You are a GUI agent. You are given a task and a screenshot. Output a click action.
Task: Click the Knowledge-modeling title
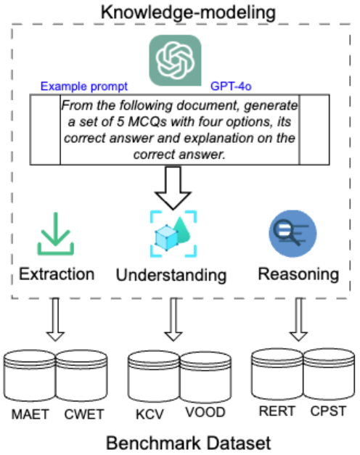pos(188,13)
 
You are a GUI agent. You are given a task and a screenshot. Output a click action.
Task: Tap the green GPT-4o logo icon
pos(175,60)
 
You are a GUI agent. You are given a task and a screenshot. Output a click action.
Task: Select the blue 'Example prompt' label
pos(84,86)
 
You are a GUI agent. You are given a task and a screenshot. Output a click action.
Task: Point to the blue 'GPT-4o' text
pos(231,86)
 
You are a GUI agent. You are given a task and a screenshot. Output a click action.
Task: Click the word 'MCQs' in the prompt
pos(147,122)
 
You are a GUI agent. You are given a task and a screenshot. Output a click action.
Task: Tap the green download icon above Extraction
pos(55,234)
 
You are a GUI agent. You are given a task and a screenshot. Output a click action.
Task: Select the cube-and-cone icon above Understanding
pos(173,234)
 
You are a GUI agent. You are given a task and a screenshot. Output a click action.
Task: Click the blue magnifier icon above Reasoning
pos(292,234)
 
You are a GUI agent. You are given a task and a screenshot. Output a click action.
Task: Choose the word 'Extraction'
pos(57,274)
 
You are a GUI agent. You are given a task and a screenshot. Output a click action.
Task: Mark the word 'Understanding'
pos(171,275)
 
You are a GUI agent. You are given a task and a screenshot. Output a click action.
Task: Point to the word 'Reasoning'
pos(299,274)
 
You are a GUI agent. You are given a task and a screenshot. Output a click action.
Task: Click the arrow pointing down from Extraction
pos(55,319)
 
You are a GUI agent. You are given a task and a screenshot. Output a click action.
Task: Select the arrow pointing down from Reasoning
pos(299,319)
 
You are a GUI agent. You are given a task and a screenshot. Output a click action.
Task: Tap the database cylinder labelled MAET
pos(30,376)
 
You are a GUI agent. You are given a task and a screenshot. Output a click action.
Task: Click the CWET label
pos(84,414)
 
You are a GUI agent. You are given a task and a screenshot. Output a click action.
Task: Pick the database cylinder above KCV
pos(154,377)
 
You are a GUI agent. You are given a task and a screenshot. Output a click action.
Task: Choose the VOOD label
pos(205,412)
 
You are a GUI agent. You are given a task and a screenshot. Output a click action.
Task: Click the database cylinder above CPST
pos(329,374)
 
